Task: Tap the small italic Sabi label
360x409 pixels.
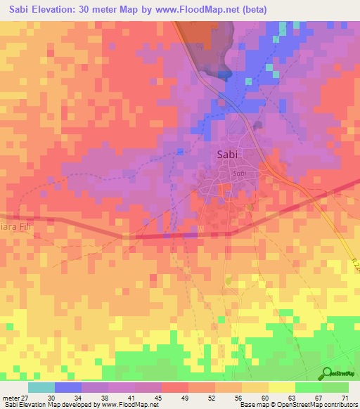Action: click(239, 174)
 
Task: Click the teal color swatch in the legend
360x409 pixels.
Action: click(41, 387)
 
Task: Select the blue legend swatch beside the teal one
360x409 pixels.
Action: click(68, 387)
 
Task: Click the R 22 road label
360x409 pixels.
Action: click(354, 262)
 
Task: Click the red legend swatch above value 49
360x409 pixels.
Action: click(175, 387)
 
